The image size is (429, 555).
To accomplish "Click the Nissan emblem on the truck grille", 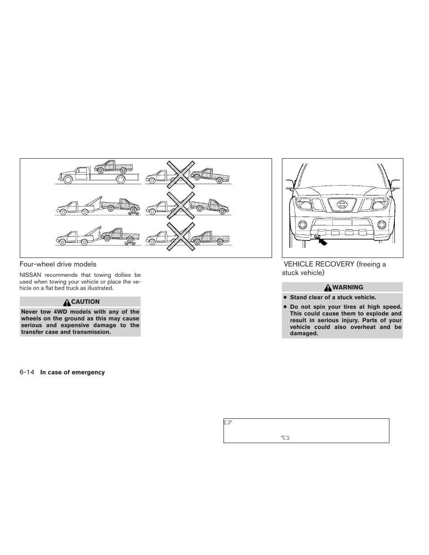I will click(x=342, y=205).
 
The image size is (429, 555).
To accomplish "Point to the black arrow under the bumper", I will click(x=322, y=242).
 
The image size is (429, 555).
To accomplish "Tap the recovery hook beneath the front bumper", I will click(x=317, y=236).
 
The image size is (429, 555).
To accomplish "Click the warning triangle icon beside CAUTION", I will click(x=67, y=302).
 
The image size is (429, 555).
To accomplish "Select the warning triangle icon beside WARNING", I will click(x=329, y=288).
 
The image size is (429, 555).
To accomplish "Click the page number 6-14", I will click(x=27, y=372).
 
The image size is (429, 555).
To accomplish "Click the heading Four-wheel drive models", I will click(x=58, y=264).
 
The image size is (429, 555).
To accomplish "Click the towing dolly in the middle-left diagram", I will click(x=132, y=212).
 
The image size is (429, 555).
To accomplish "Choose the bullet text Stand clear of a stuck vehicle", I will click(x=333, y=297).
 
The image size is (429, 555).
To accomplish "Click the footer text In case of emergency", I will click(x=72, y=372).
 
